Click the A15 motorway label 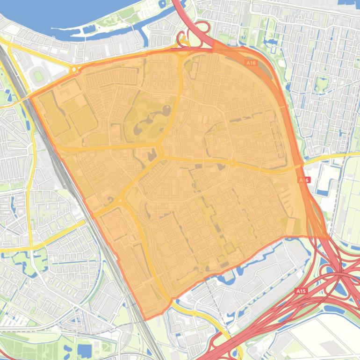[301, 291]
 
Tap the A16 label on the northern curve [251, 62]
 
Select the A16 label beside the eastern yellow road [303, 180]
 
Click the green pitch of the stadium [38, 76]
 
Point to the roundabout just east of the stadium [74, 70]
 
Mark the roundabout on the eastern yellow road [232, 163]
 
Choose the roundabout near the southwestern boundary [120, 201]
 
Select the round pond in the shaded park [166, 110]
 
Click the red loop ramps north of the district [196, 30]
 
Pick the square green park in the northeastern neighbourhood [321, 85]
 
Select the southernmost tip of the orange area [146, 320]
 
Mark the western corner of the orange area [31, 97]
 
